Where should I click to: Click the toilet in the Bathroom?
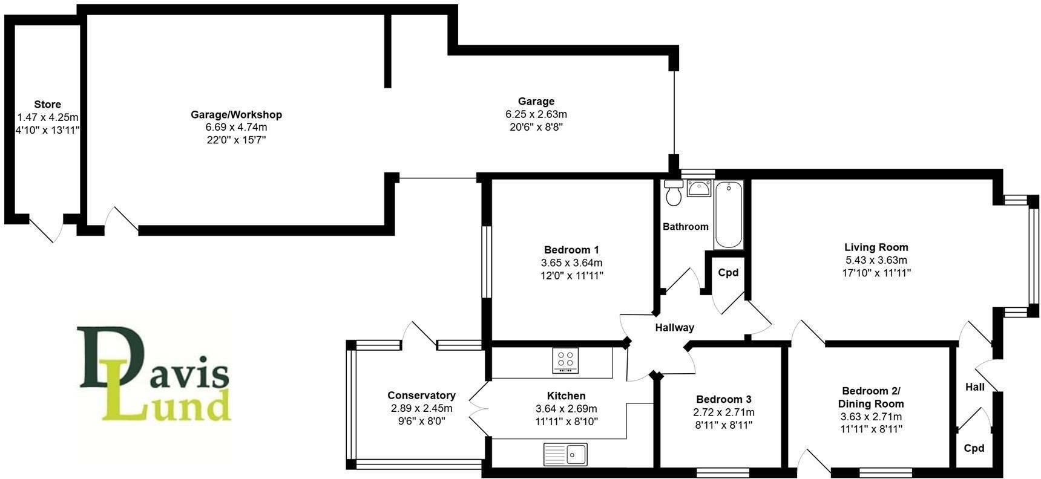tap(673, 192)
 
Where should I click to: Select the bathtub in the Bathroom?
tap(729, 214)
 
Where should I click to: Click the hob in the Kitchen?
tap(565, 360)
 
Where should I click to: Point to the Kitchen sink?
tap(565, 454)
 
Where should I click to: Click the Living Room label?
tap(876, 247)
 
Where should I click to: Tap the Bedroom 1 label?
tap(571, 250)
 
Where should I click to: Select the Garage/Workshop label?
tap(236, 114)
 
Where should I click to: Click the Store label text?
tap(47, 104)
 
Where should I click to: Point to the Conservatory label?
tap(421, 396)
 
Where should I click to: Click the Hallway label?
tap(674, 327)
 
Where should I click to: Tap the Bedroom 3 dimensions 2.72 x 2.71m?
tap(724, 412)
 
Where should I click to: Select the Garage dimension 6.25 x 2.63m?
tap(536, 114)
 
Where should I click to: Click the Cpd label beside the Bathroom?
tap(728, 272)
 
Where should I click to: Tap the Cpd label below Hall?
tap(974, 448)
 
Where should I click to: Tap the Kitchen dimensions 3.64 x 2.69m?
tap(566, 409)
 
